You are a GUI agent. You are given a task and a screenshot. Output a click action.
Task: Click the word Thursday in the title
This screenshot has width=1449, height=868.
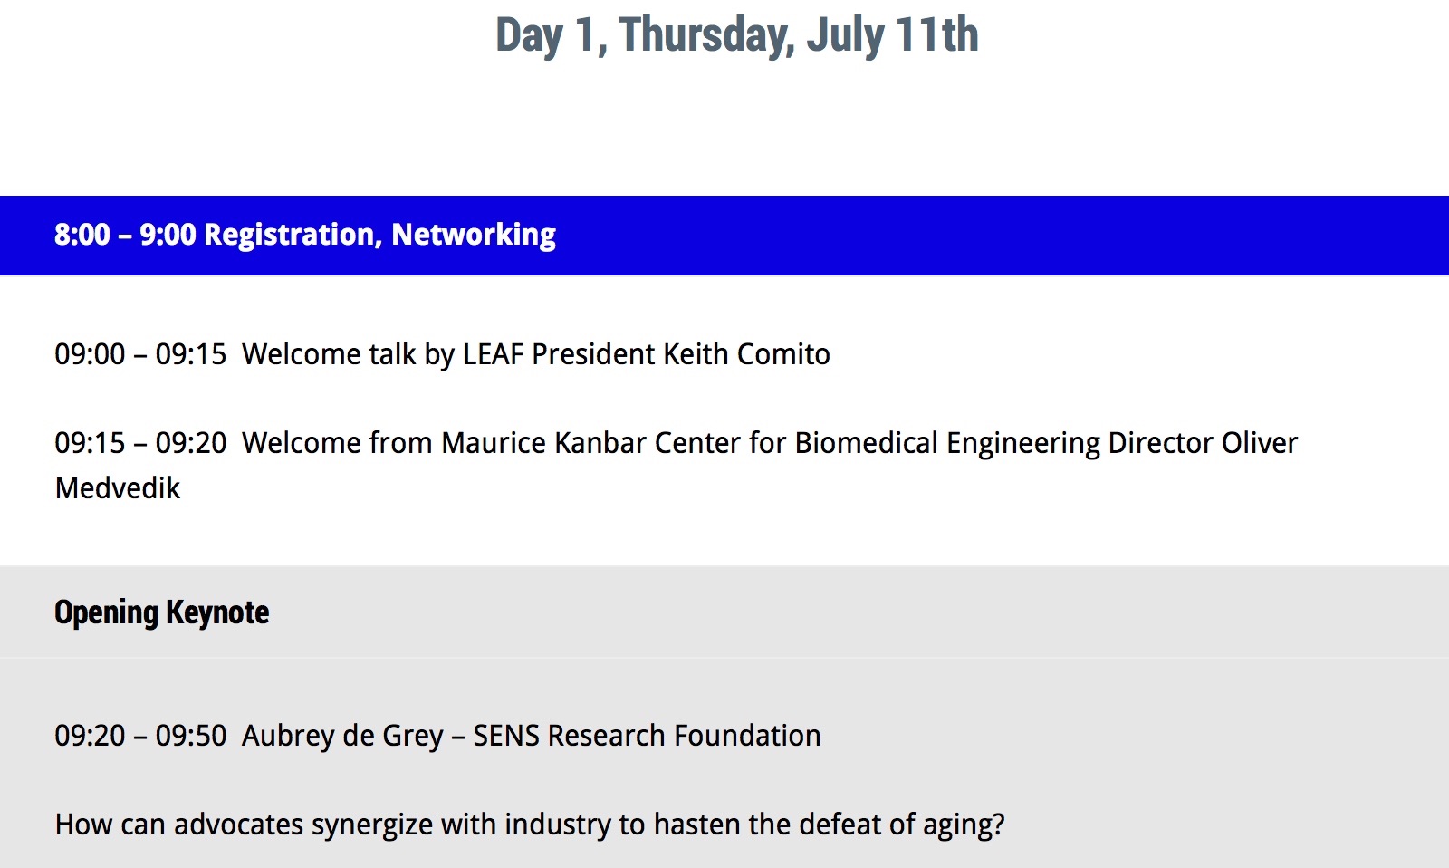point(706,35)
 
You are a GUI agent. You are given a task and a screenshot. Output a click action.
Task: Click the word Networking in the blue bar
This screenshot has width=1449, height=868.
point(474,235)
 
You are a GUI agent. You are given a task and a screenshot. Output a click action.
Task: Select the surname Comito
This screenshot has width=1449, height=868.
point(783,354)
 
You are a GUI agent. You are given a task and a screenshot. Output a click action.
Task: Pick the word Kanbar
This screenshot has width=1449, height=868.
point(600,443)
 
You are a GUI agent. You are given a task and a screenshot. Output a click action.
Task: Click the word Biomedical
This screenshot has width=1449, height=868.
point(866,443)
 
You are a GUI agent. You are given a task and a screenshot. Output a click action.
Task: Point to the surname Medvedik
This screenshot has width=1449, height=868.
point(117,488)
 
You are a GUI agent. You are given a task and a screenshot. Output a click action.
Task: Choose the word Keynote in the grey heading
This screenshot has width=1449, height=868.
point(217,612)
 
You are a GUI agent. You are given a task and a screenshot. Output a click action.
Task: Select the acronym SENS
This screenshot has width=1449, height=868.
point(506,736)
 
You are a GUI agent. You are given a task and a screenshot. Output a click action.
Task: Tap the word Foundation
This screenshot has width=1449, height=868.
point(747,736)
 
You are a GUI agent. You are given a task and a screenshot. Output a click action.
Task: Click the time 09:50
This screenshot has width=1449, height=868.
point(191,736)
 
